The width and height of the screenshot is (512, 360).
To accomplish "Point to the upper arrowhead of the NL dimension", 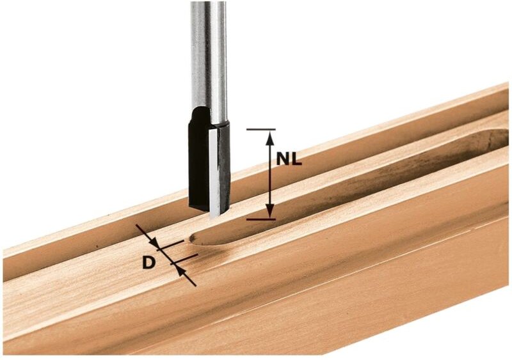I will (270, 136).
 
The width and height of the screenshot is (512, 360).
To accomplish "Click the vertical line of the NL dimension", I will (270, 174).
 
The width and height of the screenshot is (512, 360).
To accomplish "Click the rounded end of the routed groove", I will (195, 239).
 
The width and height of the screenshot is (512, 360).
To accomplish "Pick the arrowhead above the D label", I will (154, 244).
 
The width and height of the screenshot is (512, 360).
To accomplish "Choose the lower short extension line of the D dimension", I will (186, 258).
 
